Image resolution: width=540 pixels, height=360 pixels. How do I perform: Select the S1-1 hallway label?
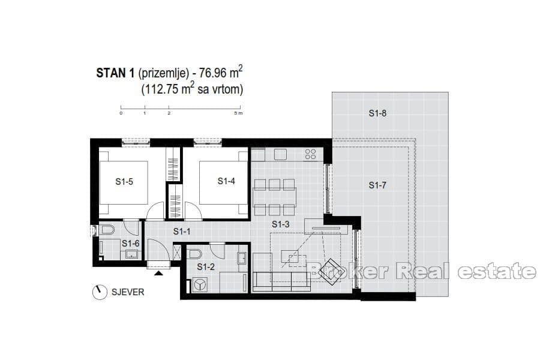182,231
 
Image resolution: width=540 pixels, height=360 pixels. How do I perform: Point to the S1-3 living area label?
281,224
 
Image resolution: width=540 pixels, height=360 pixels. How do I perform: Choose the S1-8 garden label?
378,112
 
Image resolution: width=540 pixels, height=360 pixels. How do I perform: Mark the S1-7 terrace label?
377,185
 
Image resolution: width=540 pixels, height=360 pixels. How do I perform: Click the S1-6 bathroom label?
130,243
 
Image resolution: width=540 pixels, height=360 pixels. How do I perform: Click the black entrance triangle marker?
158,274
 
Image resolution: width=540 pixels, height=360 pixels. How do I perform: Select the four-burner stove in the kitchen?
310,154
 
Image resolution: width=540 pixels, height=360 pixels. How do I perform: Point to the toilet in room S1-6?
106,229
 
